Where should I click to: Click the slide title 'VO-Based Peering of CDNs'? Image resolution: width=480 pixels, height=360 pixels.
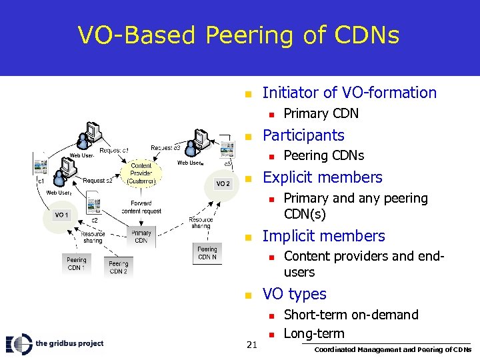tap(239, 35)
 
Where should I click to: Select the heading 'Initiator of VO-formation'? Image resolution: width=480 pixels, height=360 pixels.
tap(349, 93)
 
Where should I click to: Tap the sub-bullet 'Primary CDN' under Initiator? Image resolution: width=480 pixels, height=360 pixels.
tap(321, 113)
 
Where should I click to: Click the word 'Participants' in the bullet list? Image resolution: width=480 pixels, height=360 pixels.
tap(303, 135)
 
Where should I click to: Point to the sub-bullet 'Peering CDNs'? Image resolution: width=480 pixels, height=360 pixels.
tap(323, 156)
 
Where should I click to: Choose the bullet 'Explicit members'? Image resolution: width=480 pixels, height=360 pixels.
tap(323, 177)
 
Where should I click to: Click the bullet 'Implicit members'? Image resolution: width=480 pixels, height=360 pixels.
tap(323, 236)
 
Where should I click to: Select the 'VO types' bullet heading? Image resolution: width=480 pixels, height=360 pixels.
tap(294, 294)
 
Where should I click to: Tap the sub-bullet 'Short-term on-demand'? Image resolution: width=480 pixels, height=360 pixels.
tap(351, 315)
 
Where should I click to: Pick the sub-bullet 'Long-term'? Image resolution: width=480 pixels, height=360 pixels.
tap(314, 333)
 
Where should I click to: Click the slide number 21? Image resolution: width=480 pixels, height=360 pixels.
tap(252, 344)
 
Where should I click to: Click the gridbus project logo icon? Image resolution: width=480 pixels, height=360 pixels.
tap(19, 343)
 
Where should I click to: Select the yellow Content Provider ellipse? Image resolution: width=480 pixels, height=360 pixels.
tap(141, 173)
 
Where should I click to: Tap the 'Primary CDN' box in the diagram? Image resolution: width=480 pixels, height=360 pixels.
tap(141, 237)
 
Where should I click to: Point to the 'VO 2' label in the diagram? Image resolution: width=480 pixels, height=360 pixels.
tap(222, 184)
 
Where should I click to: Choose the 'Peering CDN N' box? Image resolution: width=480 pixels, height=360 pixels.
tap(207, 253)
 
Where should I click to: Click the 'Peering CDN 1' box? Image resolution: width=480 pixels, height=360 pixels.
tap(77, 264)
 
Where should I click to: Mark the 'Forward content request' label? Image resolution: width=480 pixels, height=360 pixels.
tap(141, 207)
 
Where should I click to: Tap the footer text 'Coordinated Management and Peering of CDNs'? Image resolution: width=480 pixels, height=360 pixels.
tap(393, 349)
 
